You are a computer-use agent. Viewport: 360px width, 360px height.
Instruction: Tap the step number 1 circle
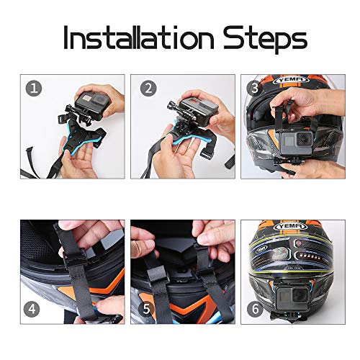[x=31, y=89]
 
